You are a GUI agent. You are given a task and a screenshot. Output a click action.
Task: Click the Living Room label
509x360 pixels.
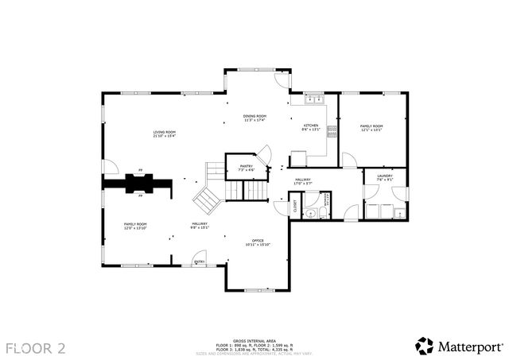pyautogui.click(x=165, y=134)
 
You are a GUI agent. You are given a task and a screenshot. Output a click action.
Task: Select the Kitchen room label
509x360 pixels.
pyautogui.click(x=310, y=127)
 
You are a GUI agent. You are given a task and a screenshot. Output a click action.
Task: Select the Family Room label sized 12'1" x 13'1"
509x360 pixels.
pyautogui.click(x=371, y=127)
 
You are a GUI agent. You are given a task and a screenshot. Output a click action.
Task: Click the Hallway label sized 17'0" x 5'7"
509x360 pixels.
pyautogui.click(x=303, y=181)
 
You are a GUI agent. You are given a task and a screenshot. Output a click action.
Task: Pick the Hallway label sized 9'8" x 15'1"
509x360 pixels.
pyautogui.click(x=199, y=225)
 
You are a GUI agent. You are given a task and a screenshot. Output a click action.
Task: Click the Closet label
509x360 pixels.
pyautogui.click(x=293, y=206)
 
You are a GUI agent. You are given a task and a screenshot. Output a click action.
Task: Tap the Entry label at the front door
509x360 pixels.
pyautogui.click(x=200, y=261)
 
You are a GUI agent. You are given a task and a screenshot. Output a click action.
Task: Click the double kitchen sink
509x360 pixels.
pyautogui.click(x=313, y=99)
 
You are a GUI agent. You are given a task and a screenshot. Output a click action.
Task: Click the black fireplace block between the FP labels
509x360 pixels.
pyautogui.click(x=140, y=183)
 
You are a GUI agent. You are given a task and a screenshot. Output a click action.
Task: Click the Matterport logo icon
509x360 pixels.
pyautogui.click(x=425, y=346)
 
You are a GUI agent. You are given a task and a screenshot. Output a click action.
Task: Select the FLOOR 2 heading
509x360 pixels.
pyautogui.click(x=36, y=347)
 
